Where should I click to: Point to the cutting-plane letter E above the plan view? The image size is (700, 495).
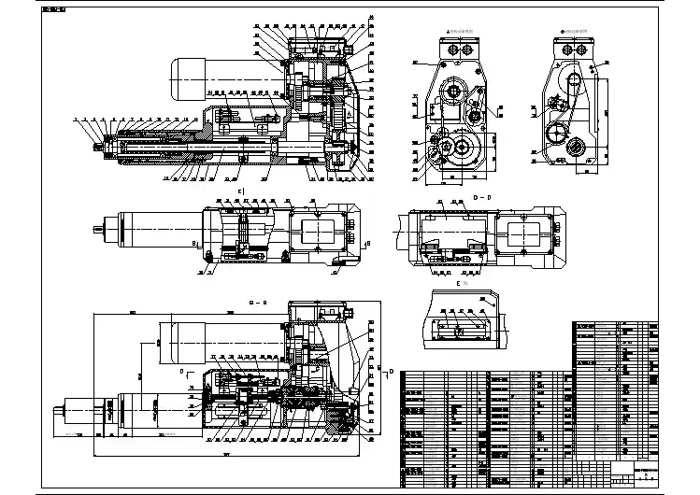241,191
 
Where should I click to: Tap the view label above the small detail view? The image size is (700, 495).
459,281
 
